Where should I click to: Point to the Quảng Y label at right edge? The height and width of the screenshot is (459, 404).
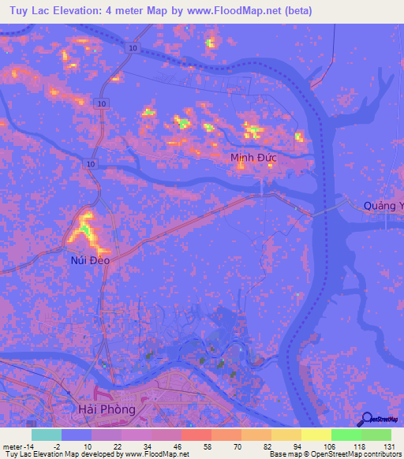pos(383,207)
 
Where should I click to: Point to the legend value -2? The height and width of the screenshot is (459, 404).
pos(56,446)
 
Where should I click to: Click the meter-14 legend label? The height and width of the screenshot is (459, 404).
pos(17,446)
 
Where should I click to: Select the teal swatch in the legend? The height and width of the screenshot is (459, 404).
pos(47,435)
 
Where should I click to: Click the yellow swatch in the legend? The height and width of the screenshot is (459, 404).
pos(316,435)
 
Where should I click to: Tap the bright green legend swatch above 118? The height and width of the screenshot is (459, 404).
pos(346,435)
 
